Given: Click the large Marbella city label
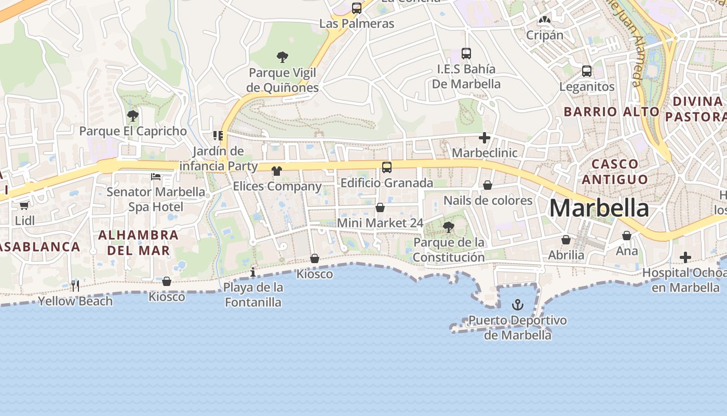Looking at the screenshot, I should pyautogui.click(x=599, y=209).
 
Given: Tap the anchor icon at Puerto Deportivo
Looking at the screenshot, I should pyautogui.click(x=518, y=305).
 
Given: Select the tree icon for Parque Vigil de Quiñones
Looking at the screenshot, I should pyautogui.click(x=282, y=57).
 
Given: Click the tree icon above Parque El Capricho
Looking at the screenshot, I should pyautogui.click(x=133, y=115).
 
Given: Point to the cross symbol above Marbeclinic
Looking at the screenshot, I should pyautogui.click(x=484, y=138).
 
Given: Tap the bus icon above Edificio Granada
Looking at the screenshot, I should pyautogui.click(x=387, y=167).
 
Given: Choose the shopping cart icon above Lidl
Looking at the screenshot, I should pyautogui.click(x=24, y=205).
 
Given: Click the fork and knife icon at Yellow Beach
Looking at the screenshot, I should pyautogui.click(x=75, y=285).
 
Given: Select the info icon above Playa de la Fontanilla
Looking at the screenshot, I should pyautogui.click(x=253, y=272).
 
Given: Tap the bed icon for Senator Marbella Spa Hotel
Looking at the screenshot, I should pyautogui.click(x=156, y=177).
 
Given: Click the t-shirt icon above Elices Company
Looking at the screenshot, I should pyautogui.click(x=277, y=171).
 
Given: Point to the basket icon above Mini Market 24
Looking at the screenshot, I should pyautogui.click(x=380, y=207).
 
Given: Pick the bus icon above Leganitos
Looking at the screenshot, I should pyautogui.click(x=587, y=71).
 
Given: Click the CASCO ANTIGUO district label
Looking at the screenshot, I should pyautogui.click(x=615, y=172).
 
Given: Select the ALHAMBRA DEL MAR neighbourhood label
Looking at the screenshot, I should pyautogui.click(x=139, y=242).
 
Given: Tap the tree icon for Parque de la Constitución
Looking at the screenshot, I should pyautogui.click(x=449, y=227).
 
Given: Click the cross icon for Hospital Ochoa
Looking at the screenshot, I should pyautogui.click(x=685, y=257).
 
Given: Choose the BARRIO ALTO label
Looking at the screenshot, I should pyautogui.click(x=611, y=111).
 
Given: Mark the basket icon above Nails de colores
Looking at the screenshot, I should pyautogui.click(x=488, y=185).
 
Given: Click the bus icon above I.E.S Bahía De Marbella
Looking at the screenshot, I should pyautogui.click(x=466, y=53).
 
